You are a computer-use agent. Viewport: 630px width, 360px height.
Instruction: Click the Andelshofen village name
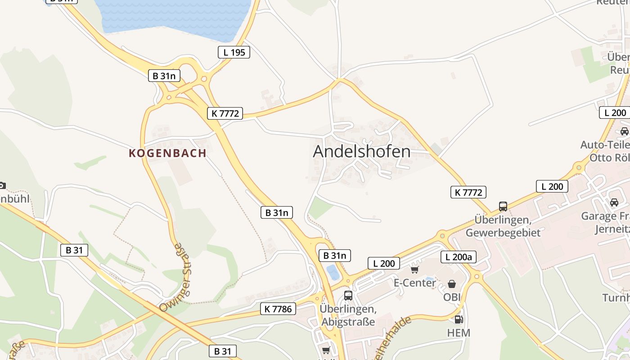[361, 152]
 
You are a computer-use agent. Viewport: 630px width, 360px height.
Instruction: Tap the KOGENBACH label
[167, 153]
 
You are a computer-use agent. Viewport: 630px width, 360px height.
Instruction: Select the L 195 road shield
[234, 52]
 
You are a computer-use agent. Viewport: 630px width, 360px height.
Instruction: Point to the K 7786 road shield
[279, 309]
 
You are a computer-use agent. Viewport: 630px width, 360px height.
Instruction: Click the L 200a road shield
[458, 257]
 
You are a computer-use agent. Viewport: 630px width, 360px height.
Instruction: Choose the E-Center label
[414, 283]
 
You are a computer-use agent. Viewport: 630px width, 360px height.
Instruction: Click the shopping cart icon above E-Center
[414, 270]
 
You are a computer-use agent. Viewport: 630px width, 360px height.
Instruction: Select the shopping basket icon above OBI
[451, 284]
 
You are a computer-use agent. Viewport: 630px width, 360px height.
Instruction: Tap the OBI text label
[452, 297]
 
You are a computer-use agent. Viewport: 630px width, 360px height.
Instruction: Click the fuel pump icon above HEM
[459, 319]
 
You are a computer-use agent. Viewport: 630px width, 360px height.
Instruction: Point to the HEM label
[459, 333]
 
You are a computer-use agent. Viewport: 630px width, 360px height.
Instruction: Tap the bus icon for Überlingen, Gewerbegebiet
[503, 206]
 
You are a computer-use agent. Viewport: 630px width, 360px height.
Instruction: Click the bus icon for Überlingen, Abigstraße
[348, 295]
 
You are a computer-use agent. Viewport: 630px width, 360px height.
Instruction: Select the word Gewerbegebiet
[503, 233]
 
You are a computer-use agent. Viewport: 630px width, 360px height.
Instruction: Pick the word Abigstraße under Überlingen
[348, 322]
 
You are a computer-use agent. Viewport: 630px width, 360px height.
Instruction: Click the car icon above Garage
[614, 202]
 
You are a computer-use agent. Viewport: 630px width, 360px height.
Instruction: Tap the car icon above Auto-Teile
[624, 131]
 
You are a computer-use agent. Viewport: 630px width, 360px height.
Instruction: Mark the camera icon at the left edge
[2, 185]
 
